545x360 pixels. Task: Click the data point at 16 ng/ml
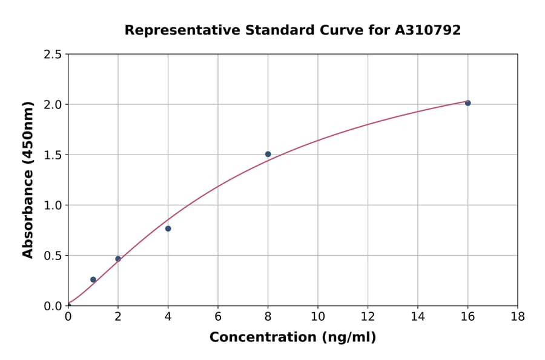467,103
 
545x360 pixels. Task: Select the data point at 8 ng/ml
268,154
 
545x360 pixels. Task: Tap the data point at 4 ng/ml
168,228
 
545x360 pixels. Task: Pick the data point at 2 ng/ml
118,259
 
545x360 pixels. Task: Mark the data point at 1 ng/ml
93,279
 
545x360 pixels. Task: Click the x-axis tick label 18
517,316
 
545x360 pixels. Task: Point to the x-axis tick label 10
317,316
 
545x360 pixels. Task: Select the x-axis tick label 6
217,316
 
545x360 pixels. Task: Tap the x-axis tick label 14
417,316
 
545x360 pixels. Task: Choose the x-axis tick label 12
368,316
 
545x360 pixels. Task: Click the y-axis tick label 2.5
53,55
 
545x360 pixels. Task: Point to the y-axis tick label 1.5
53,155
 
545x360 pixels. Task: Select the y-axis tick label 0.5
53,256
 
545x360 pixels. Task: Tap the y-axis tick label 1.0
53,205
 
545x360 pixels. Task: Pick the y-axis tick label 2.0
53,105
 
